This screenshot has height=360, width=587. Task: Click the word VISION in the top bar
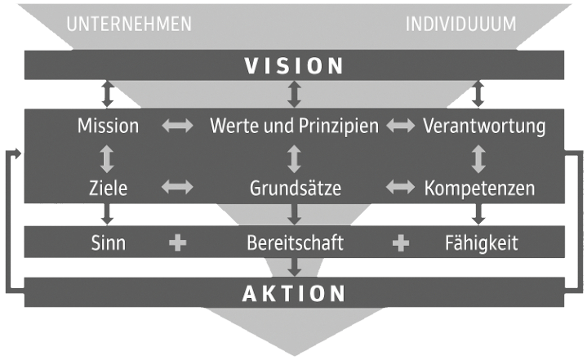click(295, 65)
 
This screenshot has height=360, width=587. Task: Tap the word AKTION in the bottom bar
click(295, 293)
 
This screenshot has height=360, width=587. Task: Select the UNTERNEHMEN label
click(129, 24)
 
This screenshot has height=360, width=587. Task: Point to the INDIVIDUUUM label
click(461, 24)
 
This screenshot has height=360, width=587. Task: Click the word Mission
click(108, 127)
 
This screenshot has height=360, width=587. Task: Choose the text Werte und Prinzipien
click(295, 127)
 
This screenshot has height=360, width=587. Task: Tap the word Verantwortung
click(484, 127)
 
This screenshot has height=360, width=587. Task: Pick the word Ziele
click(108, 188)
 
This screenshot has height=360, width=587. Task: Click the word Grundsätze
click(295, 188)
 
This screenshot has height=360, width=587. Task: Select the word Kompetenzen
click(480, 188)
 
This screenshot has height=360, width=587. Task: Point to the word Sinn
click(108, 242)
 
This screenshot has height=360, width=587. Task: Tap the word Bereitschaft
click(295, 242)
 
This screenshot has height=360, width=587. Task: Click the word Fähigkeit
click(481, 242)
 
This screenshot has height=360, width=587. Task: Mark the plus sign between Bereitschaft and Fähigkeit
click(400, 242)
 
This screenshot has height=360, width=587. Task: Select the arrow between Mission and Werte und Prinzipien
click(177, 127)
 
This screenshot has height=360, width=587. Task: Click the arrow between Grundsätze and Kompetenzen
click(400, 188)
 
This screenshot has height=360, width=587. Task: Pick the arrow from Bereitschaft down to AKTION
click(295, 265)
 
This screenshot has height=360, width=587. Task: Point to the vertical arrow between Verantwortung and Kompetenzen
click(479, 157)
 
